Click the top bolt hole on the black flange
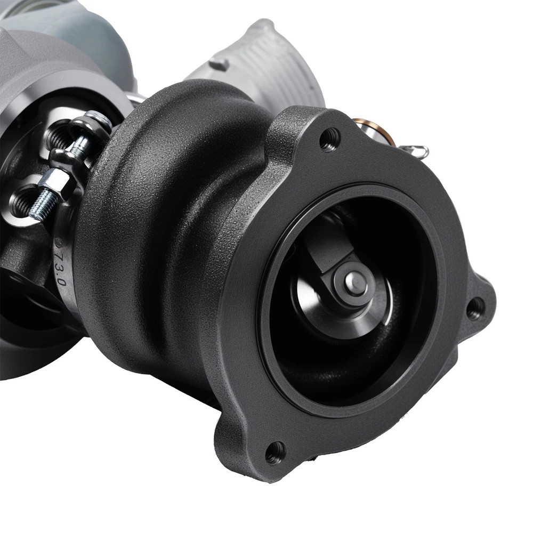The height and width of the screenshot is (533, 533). coord(330,140)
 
